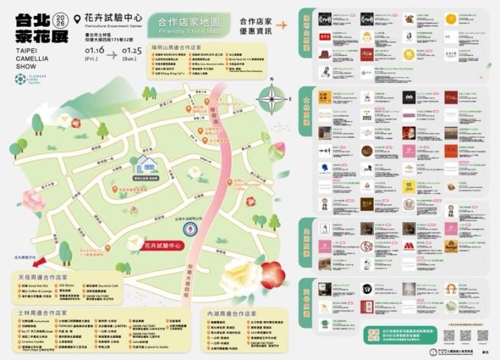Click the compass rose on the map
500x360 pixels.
pos(272,98)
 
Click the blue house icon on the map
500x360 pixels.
pos(144,163)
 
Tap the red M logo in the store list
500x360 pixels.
pos(452,246)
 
